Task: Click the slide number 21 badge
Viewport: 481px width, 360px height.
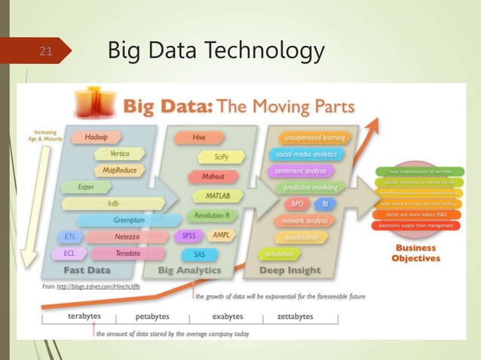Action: (x=46, y=51)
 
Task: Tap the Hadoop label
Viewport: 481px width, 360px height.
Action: (x=96, y=137)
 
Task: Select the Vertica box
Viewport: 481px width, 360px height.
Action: (x=119, y=154)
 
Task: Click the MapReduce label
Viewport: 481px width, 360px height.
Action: (x=119, y=170)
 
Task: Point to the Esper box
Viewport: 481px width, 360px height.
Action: (x=86, y=187)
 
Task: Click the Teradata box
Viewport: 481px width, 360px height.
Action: (x=127, y=253)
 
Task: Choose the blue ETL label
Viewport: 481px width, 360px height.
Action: (x=69, y=236)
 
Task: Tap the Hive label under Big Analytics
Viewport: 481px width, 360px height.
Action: (x=198, y=138)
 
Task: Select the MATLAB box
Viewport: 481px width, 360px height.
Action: (x=218, y=196)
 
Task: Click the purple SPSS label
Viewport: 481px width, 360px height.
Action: (x=188, y=236)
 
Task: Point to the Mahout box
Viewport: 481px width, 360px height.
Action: (x=213, y=177)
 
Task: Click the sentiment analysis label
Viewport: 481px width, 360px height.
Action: (x=301, y=171)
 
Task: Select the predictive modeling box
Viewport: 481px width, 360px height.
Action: (x=310, y=187)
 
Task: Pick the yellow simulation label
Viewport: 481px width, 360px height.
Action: (x=279, y=254)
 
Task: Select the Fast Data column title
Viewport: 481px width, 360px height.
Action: (x=87, y=270)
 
